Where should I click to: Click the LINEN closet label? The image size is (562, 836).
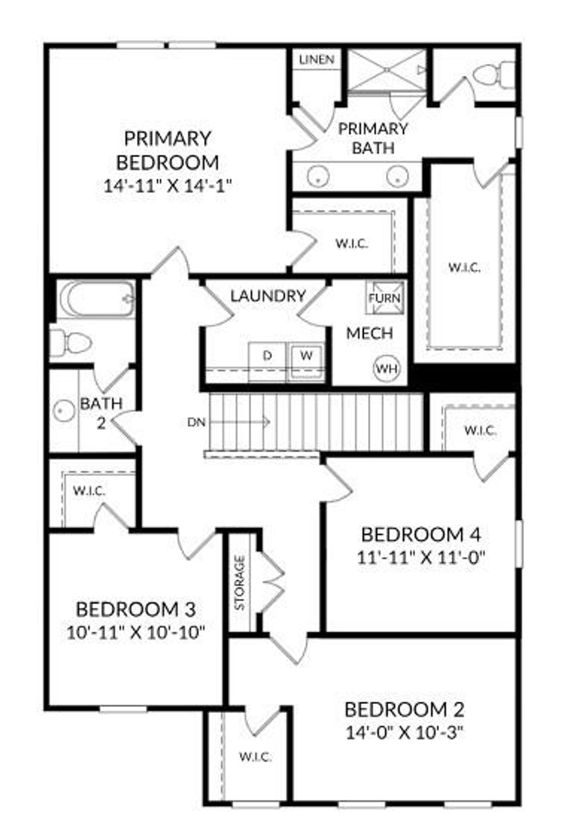317,59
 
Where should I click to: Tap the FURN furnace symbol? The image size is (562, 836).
384,298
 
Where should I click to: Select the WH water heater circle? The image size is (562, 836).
387,368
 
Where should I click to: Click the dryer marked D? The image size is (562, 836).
267,356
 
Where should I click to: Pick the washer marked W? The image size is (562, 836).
306,355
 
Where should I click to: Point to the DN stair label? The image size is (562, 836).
196,422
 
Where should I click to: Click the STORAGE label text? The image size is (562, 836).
240,583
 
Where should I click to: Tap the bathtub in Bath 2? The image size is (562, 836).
96,299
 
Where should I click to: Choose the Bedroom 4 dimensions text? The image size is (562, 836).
421,558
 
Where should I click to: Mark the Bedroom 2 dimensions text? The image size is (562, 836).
405,733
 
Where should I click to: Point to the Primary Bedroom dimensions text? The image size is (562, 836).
168,185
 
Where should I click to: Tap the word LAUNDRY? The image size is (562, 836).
268,296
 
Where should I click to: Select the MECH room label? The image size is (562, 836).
369,333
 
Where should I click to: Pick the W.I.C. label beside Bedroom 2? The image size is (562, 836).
255,758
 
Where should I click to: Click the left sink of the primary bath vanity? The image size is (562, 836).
318,176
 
